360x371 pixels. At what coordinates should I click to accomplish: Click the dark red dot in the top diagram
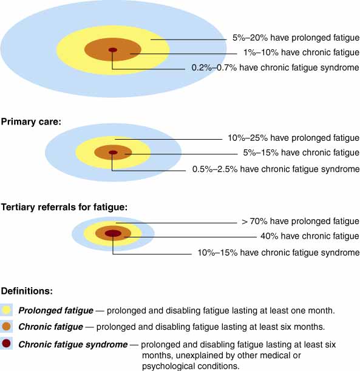coord(113,50)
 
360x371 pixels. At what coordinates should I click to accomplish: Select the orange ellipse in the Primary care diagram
coord(113,152)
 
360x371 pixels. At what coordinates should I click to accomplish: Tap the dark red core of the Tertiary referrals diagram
coord(113,233)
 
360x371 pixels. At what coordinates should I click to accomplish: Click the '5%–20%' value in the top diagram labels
coord(250,38)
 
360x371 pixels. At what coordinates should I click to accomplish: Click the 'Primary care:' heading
coord(31,122)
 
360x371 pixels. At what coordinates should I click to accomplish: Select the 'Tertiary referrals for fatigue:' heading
coord(64,207)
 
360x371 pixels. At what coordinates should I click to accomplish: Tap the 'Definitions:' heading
coord(27,291)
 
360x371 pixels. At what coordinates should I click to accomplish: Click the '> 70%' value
coord(254,221)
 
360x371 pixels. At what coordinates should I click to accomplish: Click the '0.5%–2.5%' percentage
coord(215,169)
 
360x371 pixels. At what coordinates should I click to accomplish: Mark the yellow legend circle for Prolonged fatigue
coord(7,310)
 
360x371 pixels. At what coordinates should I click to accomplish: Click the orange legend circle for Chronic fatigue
coord(7,327)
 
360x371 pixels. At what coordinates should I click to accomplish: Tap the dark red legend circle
coord(7,343)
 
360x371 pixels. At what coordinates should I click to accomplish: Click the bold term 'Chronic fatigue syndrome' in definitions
coord(73,344)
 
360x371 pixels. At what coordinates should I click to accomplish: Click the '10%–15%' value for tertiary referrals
coord(217,253)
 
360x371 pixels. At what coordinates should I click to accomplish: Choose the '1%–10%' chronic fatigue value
coord(261,52)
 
